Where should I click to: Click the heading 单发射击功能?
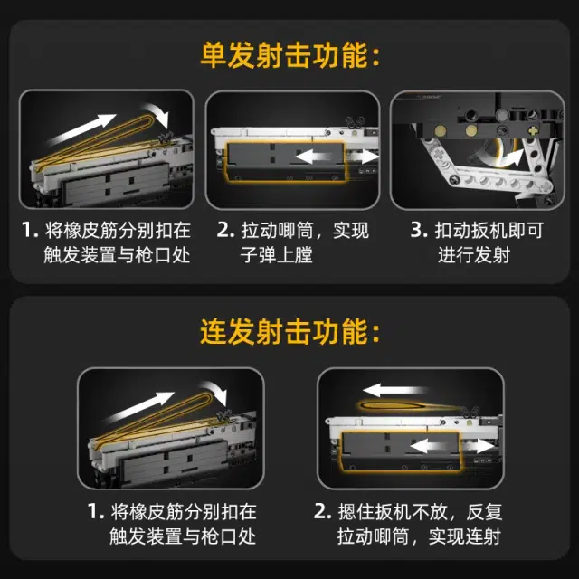click(284, 55)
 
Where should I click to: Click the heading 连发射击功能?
click(284, 331)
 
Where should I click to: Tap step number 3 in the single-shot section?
click(418, 230)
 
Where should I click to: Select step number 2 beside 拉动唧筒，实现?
click(225, 230)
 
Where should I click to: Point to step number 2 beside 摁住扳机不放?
click(322, 511)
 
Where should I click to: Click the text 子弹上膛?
click(277, 255)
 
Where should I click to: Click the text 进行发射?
click(474, 255)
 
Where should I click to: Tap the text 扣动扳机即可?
click(489, 230)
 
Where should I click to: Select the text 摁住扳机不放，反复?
click(420, 512)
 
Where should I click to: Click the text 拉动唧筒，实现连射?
click(419, 536)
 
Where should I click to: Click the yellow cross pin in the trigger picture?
click(533, 130)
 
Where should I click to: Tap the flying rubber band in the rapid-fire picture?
click(410, 406)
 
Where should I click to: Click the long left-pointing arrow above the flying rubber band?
click(395, 390)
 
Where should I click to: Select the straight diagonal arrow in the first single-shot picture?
click(82, 129)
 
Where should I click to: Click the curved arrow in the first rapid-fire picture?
click(215, 392)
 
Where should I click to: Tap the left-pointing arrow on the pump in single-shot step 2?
click(315, 157)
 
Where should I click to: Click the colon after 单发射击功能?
click(376, 56)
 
